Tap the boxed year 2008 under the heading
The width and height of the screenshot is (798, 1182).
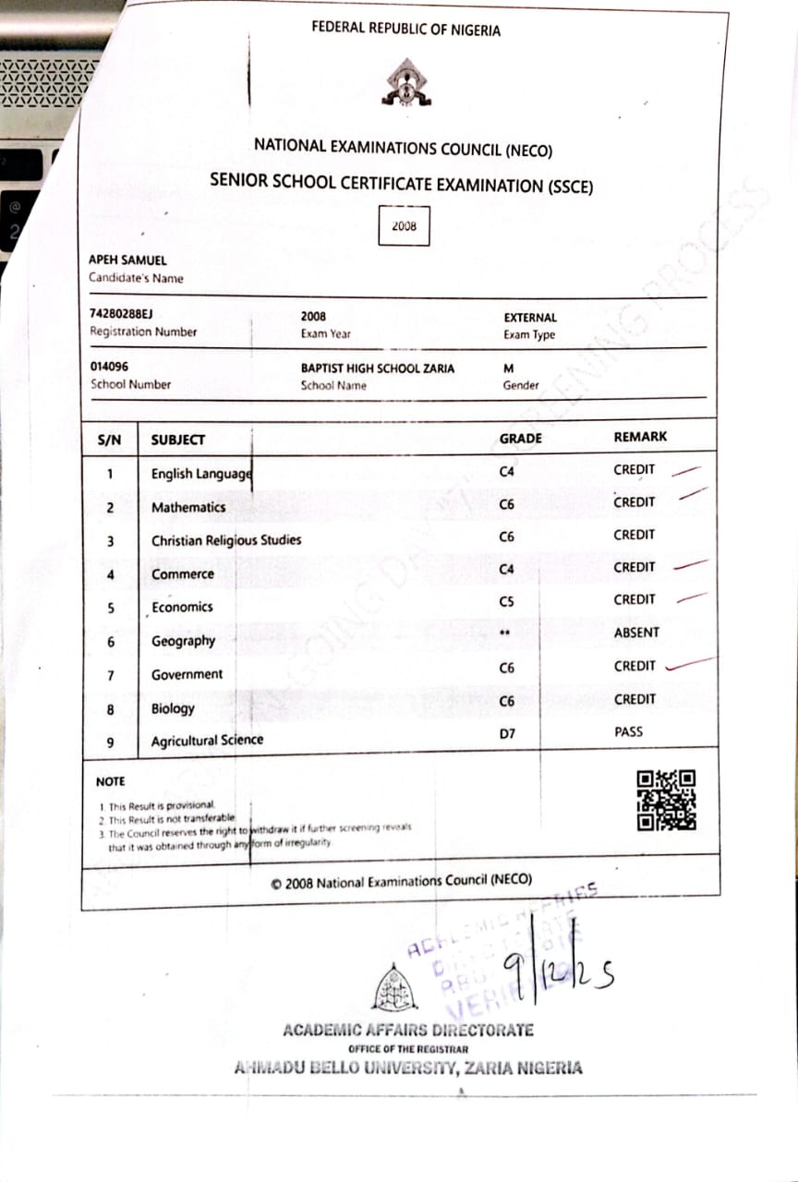[404, 225]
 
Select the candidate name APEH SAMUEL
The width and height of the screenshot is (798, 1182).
[127, 260]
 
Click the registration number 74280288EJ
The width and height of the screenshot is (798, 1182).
[121, 315]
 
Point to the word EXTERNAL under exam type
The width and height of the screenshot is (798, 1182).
[530, 317]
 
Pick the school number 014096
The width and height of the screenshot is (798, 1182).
[110, 367]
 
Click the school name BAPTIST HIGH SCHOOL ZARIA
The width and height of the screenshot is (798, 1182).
[378, 368]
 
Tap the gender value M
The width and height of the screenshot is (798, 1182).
[508, 368]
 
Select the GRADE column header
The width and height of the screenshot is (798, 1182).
[520, 439]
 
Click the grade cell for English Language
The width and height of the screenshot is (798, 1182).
[506, 471]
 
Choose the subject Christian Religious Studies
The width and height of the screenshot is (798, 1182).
[226, 540]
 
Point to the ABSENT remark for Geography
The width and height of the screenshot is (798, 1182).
[636, 633]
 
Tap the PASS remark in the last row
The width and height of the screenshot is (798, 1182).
[628, 732]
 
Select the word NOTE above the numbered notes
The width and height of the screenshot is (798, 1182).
[110, 781]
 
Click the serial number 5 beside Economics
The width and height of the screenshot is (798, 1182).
[110, 608]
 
